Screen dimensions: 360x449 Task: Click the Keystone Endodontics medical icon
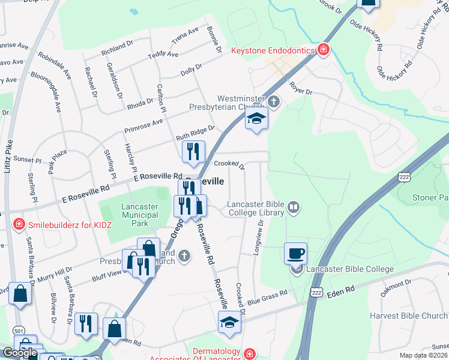click(x=324, y=50)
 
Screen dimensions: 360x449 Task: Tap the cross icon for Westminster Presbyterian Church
click(x=274, y=101)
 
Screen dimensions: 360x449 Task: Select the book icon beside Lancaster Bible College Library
click(x=294, y=208)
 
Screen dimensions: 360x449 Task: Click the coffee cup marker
click(x=295, y=253)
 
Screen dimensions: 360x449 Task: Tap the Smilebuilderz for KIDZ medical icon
click(x=18, y=225)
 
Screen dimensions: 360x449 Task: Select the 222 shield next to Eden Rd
click(x=316, y=290)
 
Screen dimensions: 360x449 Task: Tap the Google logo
click(x=20, y=353)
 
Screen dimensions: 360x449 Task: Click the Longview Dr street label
click(x=258, y=238)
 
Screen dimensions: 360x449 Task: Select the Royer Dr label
click(x=301, y=89)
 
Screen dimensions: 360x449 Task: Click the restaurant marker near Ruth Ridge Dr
click(x=193, y=153)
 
